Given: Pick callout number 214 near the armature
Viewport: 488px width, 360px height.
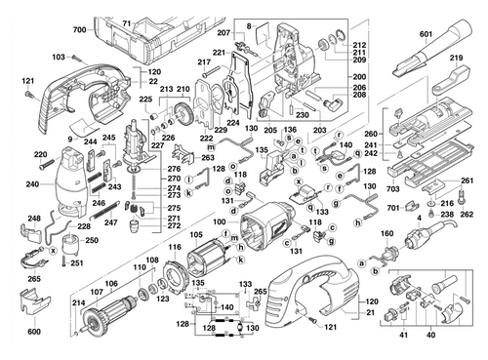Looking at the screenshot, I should pos(77,304).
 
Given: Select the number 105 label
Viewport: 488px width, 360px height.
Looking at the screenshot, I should pos(196,234).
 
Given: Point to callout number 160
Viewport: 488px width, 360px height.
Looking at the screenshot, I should pos(385,234).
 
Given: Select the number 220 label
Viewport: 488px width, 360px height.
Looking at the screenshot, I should pos(40,155).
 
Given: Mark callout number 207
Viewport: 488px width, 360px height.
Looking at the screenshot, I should pos(224,34).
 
